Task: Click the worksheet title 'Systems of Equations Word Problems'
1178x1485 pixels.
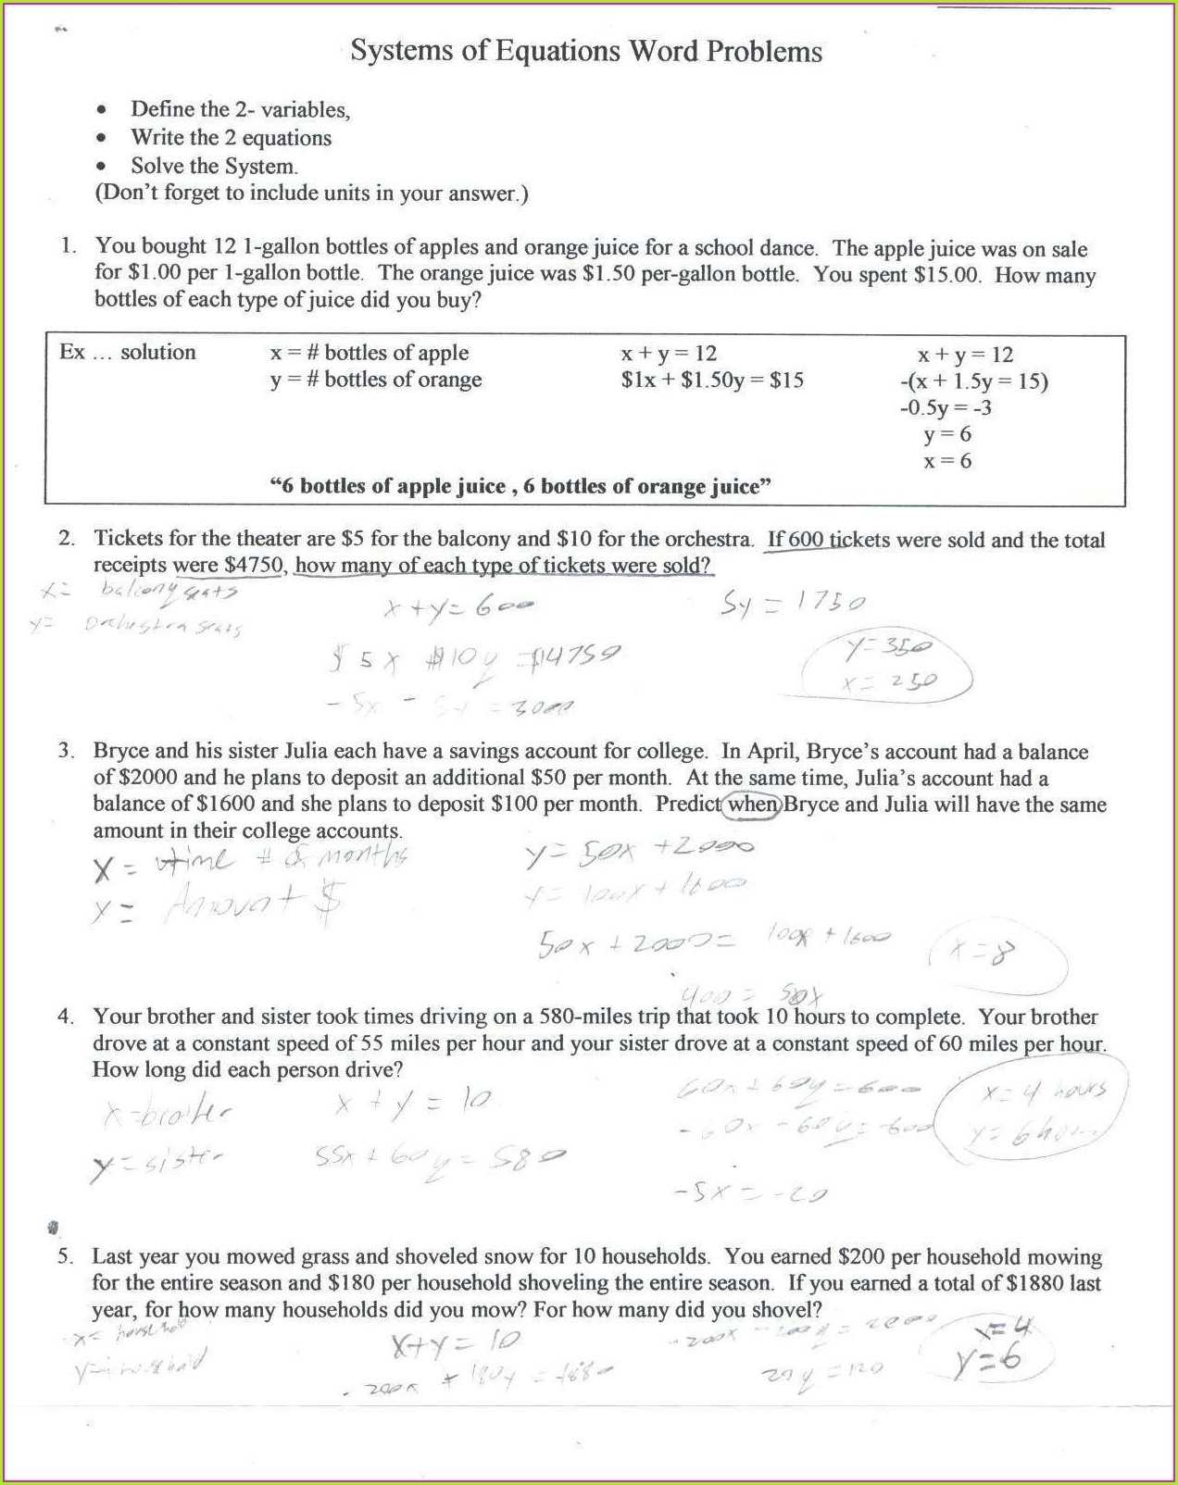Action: [585, 51]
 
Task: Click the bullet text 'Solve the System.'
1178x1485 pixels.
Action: [214, 167]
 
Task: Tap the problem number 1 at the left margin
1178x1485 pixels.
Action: [67, 246]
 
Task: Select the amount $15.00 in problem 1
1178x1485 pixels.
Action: [946, 275]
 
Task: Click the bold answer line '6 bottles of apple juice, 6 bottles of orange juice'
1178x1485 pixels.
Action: [520, 487]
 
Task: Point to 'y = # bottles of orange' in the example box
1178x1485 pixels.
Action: [376, 380]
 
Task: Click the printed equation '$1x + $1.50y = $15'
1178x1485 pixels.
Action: [712, 381]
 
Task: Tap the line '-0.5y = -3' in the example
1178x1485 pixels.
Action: [946, 407]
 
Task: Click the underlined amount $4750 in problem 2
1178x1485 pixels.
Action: [254, 565]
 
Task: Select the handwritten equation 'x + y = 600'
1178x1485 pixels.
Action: [458, 607]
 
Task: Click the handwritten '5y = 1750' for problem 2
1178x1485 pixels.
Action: [793, 604]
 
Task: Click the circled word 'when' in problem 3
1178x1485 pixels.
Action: [752, 804]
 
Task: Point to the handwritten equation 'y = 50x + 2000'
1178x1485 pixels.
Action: [639, 850]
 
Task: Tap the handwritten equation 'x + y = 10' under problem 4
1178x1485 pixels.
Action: [413, 1103]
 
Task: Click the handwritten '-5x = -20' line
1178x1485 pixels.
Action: [750, 1192]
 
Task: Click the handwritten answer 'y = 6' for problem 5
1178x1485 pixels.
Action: [987, 1360]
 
